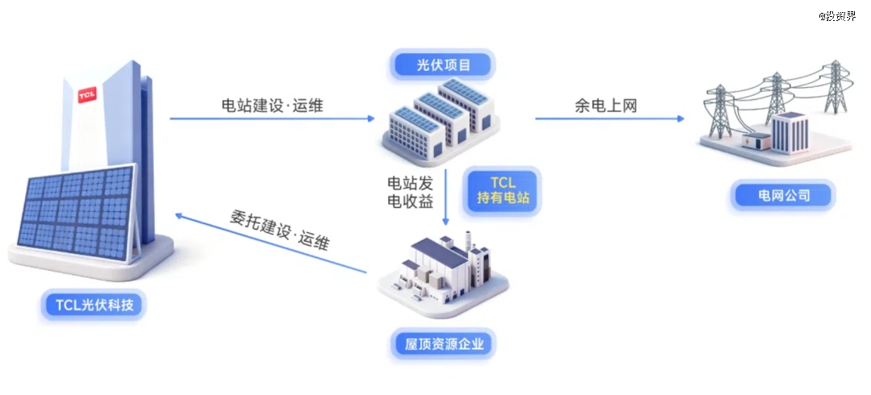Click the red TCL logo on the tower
(87, 95)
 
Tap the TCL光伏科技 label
(94, 305)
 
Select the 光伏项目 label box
(444, 65)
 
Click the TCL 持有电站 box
(502, 190)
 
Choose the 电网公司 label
(783, 195)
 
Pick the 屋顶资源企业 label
(444, 344)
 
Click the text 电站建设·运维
(273, 106)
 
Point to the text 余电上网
(606, 106)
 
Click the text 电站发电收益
(410, 192)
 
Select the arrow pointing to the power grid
(610, 118)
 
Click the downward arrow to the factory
(445, 197)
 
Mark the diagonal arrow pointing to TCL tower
(270, 243)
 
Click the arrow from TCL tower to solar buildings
(273, 118)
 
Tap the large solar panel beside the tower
(76, 213)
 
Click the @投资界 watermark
(837, 15)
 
